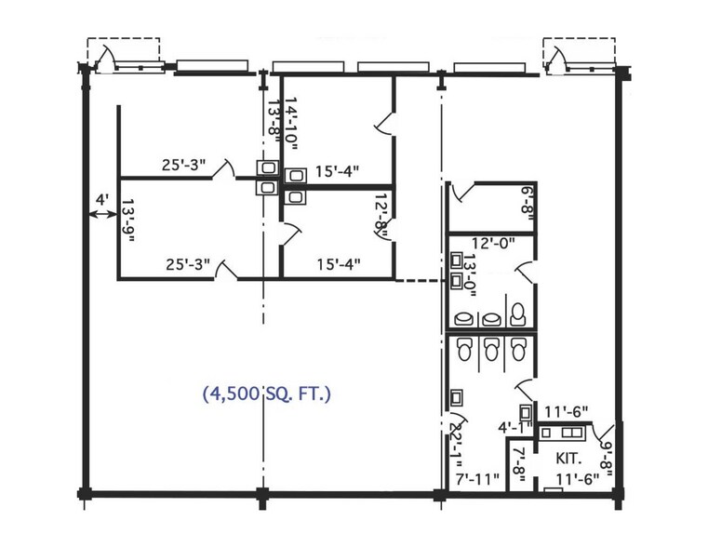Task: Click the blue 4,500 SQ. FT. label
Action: [x=267, y=394]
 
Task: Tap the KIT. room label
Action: [x=568, y=458]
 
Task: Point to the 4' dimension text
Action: [x=102, y=199]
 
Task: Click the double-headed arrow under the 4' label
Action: [x=102, y=215]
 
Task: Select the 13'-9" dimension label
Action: [x=128, y=220]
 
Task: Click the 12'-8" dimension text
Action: [x=381, y=215]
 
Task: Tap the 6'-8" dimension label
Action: [x=528, y=203]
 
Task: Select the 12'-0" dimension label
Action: [x=493, y=243]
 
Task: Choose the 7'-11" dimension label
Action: [x=477, y=478]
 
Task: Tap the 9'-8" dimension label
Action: [x=606, y=458]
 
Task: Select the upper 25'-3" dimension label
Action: [x=184, y=165]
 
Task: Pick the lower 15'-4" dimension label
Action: [x=339, y=263]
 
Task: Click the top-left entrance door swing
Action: [x=107, y=59]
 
